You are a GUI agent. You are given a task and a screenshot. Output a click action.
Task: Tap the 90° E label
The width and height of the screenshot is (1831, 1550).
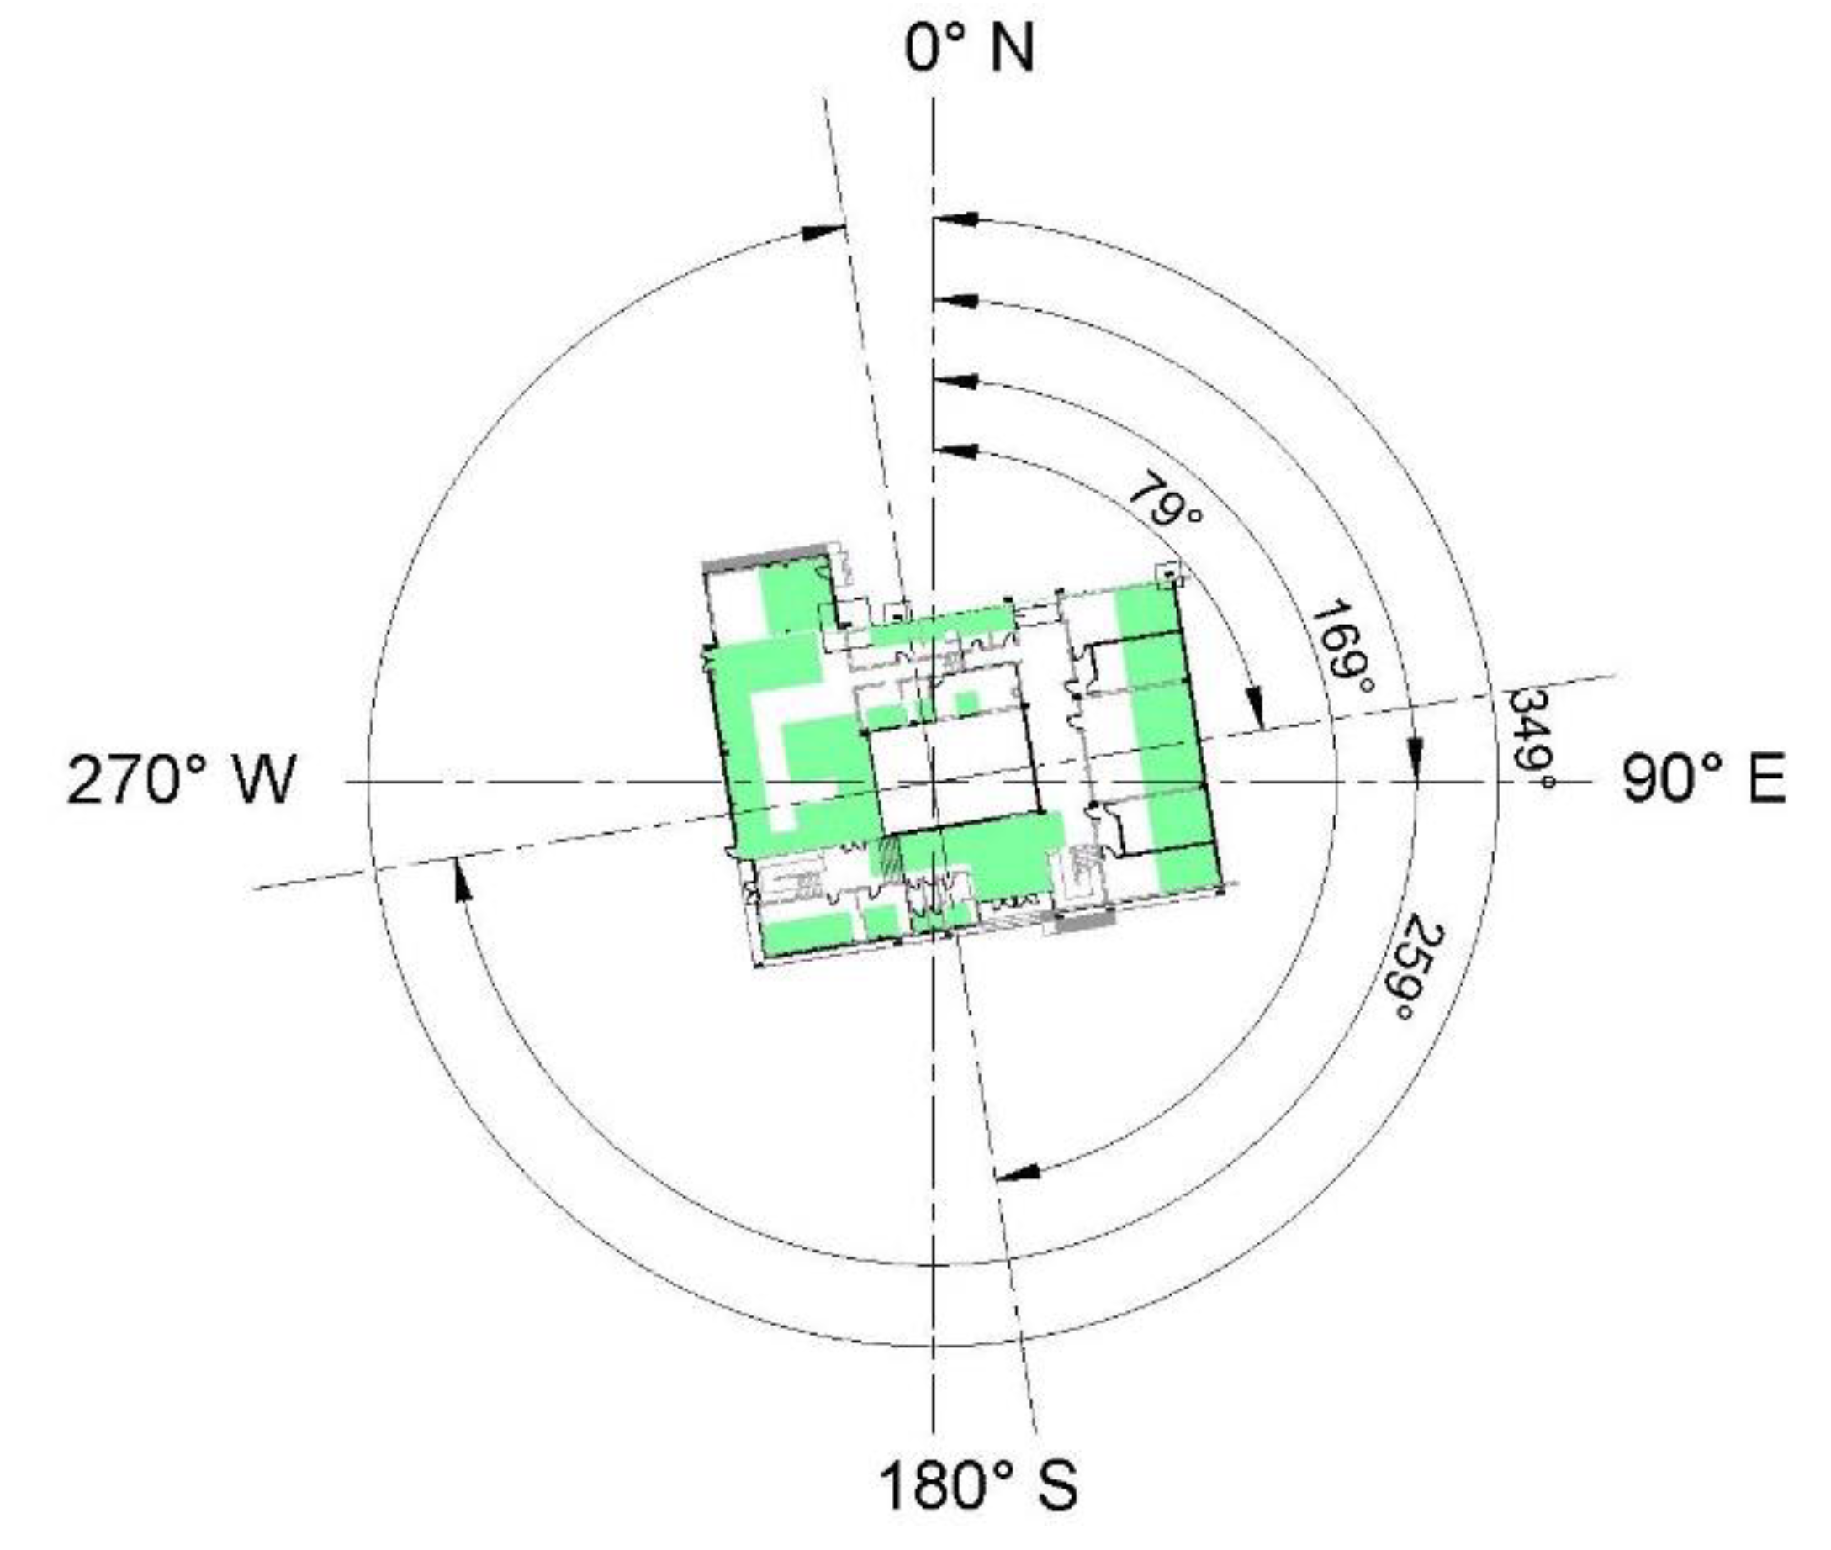[x=1702, y=779]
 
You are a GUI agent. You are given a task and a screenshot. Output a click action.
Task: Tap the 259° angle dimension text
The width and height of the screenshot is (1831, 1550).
[x=1418, y=967]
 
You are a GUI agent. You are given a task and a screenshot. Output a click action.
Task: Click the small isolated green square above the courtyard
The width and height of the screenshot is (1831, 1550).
[x=966, y=704]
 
